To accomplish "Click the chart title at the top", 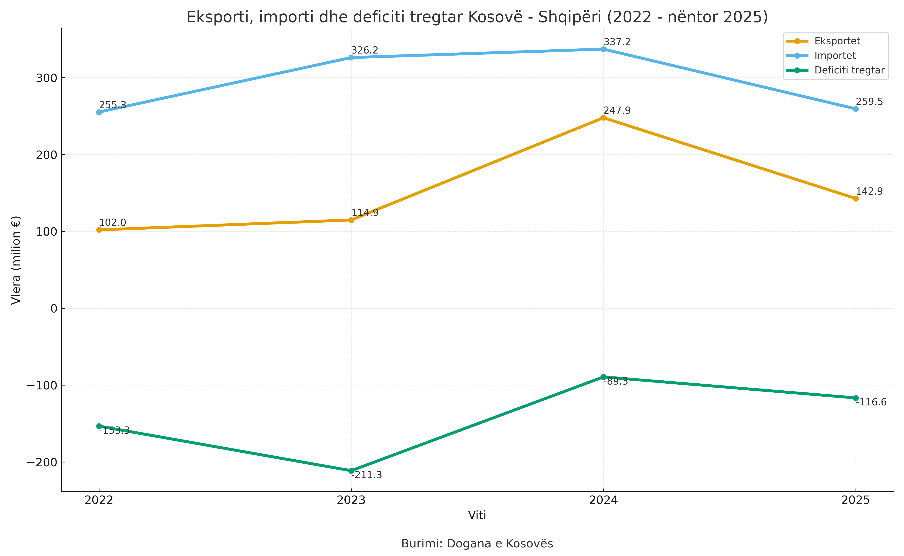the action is [477, 17].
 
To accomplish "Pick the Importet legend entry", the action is [821, 56].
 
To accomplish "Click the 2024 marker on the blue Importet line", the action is [603, 49].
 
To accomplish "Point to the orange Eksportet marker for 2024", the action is [603, 118].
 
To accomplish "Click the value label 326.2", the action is [365, 50].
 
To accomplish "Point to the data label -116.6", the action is [871, 402].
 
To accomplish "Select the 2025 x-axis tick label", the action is [856, 500].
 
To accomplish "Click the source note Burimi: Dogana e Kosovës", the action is [477, 543].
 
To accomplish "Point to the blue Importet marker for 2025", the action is [856, 109].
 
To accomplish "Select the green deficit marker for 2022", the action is [99, 426].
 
